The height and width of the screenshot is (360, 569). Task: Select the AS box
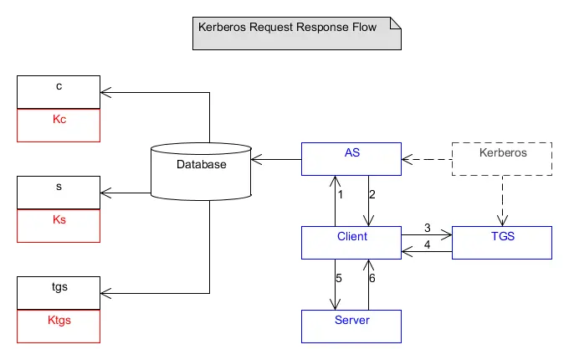(351, 158)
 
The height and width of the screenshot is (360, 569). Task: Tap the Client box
(351, 242)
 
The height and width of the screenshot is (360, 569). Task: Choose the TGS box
(502, 242)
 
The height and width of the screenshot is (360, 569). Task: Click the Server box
(351, 326)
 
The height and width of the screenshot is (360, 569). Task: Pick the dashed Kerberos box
(502, 158)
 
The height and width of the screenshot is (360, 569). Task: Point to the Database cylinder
(201, 171)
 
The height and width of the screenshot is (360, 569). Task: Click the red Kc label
(59, 119)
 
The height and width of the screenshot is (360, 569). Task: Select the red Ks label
(59, 219)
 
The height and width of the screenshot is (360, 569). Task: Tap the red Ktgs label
(59, 320)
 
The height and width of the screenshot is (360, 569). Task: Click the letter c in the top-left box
(59, 85)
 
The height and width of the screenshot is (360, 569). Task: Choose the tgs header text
(59, 286)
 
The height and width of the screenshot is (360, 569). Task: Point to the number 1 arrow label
(341, 195)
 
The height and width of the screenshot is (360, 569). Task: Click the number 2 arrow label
(372, 195)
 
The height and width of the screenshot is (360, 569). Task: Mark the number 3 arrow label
(427, 227)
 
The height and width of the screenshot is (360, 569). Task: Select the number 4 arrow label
(427, 245)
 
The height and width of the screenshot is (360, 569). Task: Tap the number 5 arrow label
(339, 278)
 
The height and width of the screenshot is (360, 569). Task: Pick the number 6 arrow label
(372, 278)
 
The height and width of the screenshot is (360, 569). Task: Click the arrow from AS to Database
(276, 158)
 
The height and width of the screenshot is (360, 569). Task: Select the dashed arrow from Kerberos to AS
(427, 158)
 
